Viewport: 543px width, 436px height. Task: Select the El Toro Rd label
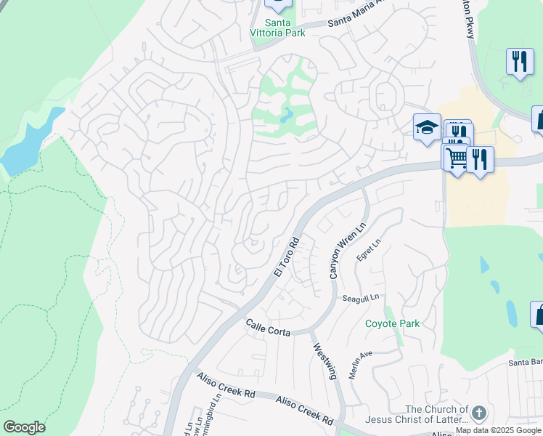(287, 255)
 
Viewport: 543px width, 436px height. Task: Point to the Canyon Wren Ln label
(346, 250)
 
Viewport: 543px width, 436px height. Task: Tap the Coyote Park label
(392, 323)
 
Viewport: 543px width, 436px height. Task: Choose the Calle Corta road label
(268, 328)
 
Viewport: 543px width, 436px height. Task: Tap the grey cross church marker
(478, 414)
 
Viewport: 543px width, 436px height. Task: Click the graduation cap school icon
(426, 127)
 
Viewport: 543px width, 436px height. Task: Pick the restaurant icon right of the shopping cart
(480, 158)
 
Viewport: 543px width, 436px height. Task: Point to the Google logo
(24, 427)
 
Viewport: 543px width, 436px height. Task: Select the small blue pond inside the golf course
(287, 115)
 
